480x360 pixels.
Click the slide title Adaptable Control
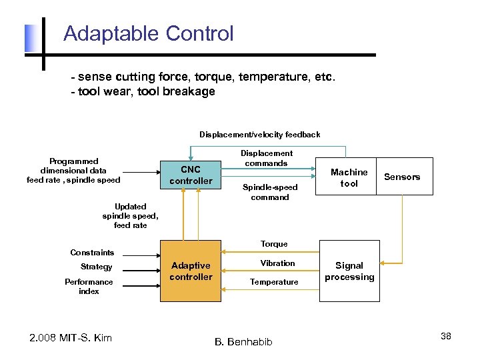[148, 33]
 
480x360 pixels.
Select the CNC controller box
[190, 175]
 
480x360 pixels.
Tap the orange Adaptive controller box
[191, 271]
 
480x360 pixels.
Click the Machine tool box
[349, 177]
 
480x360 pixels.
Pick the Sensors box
[402, 177]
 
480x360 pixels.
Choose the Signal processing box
[349, 271]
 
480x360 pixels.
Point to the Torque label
[274, 244]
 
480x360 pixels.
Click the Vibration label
[277, 263]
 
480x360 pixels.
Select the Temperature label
[274, 282]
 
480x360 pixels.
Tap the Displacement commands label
[266, 158]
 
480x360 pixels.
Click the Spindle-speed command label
[270, 192]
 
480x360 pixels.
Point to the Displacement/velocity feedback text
[259, 135]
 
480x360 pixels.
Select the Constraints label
[92, 253]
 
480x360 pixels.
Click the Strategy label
[97, 267]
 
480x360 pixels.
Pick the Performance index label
[89, 287]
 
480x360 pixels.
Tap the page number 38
[445, 336]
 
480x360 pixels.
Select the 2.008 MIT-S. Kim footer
[71, 338]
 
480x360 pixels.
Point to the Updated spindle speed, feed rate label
[130, 216]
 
